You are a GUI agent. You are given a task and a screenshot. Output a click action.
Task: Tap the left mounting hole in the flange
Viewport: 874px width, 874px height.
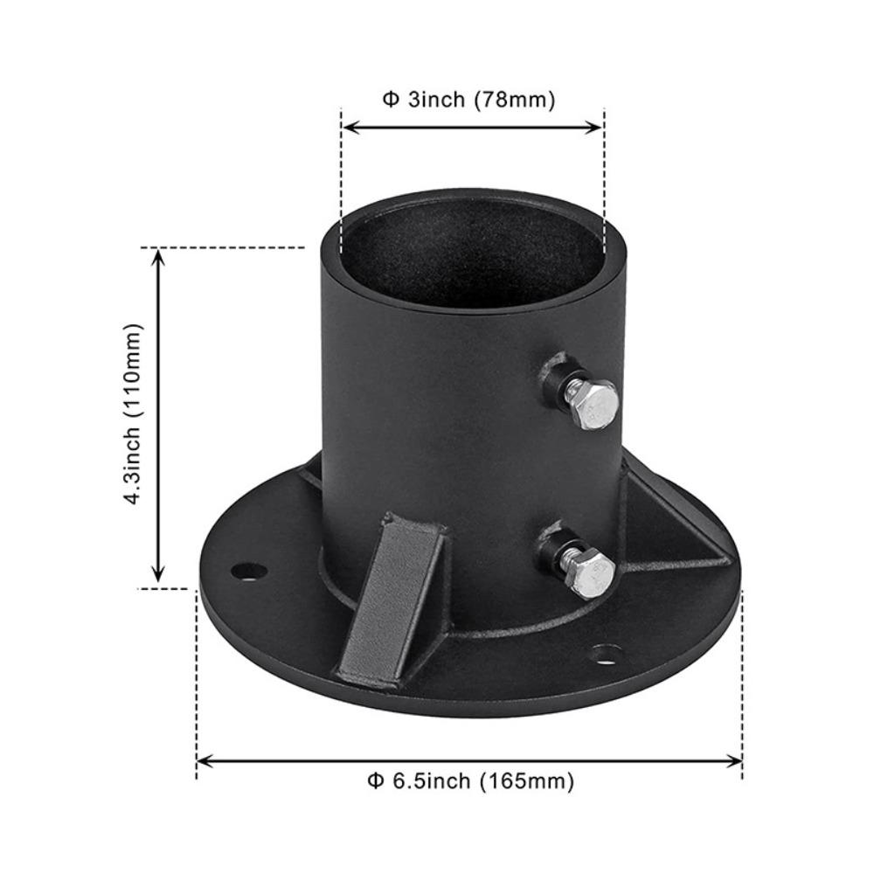[249, 572]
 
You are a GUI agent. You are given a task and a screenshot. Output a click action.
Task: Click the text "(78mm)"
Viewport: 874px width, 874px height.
[514, 100]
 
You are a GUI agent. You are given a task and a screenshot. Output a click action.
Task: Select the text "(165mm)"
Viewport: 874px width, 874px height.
[527, 780]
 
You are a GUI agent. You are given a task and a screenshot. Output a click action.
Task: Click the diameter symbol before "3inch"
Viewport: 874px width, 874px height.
[390, 100]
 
